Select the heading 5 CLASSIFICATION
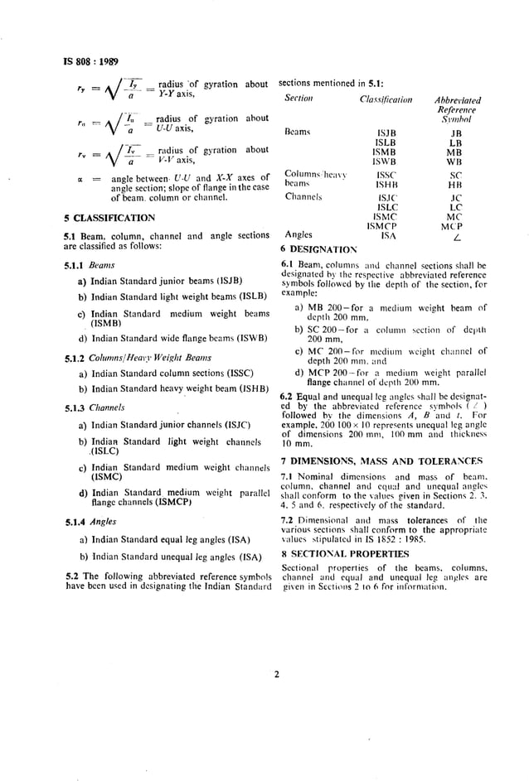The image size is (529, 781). (109, 219)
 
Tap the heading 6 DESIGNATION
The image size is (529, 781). (318, 248)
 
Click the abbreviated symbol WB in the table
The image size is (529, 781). (455, 162)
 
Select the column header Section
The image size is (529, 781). (298, 99)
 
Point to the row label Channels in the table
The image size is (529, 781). (302, 197)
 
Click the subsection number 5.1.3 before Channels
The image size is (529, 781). (76, 407)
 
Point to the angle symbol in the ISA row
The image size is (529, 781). (455, 237)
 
